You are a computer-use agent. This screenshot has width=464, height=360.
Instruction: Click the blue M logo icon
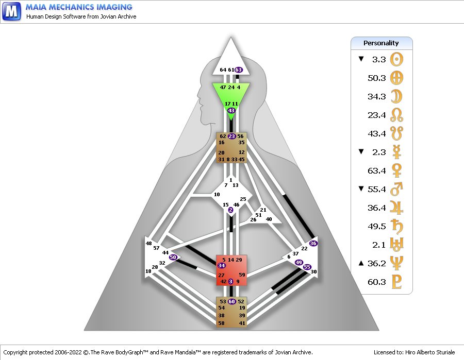point(11,11)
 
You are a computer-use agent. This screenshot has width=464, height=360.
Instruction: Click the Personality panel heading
point(381,43)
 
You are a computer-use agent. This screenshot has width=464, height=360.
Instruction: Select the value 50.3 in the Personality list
point(377,78)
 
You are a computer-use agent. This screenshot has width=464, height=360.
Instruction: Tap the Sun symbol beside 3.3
point(396,59)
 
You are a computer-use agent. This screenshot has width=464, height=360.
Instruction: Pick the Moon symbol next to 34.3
point(396,96)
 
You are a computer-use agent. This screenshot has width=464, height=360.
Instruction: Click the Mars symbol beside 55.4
point(396,189)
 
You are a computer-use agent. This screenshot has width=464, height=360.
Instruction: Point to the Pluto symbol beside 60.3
point(396,282)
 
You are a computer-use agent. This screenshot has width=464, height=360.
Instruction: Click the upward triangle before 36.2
point(361,263)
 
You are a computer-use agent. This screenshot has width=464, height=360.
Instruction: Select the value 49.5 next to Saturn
point(377,227)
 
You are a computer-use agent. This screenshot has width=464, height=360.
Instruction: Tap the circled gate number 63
point(239,70)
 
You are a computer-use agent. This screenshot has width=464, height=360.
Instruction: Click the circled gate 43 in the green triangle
point(231,111)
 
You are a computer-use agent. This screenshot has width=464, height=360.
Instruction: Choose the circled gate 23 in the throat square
point(231,136)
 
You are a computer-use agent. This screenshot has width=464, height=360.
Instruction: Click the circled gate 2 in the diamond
point(230,210)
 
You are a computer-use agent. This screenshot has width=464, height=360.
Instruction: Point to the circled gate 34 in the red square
point(222,265)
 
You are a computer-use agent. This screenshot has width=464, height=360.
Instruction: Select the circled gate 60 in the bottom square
point(231,301)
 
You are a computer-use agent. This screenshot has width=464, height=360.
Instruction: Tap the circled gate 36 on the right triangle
point(313,243)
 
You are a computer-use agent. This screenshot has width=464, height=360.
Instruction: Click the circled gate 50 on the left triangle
point(173,257)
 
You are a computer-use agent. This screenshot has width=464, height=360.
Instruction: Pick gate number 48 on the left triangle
point(148,243)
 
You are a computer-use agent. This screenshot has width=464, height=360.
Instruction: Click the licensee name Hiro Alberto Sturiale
point(430,352)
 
